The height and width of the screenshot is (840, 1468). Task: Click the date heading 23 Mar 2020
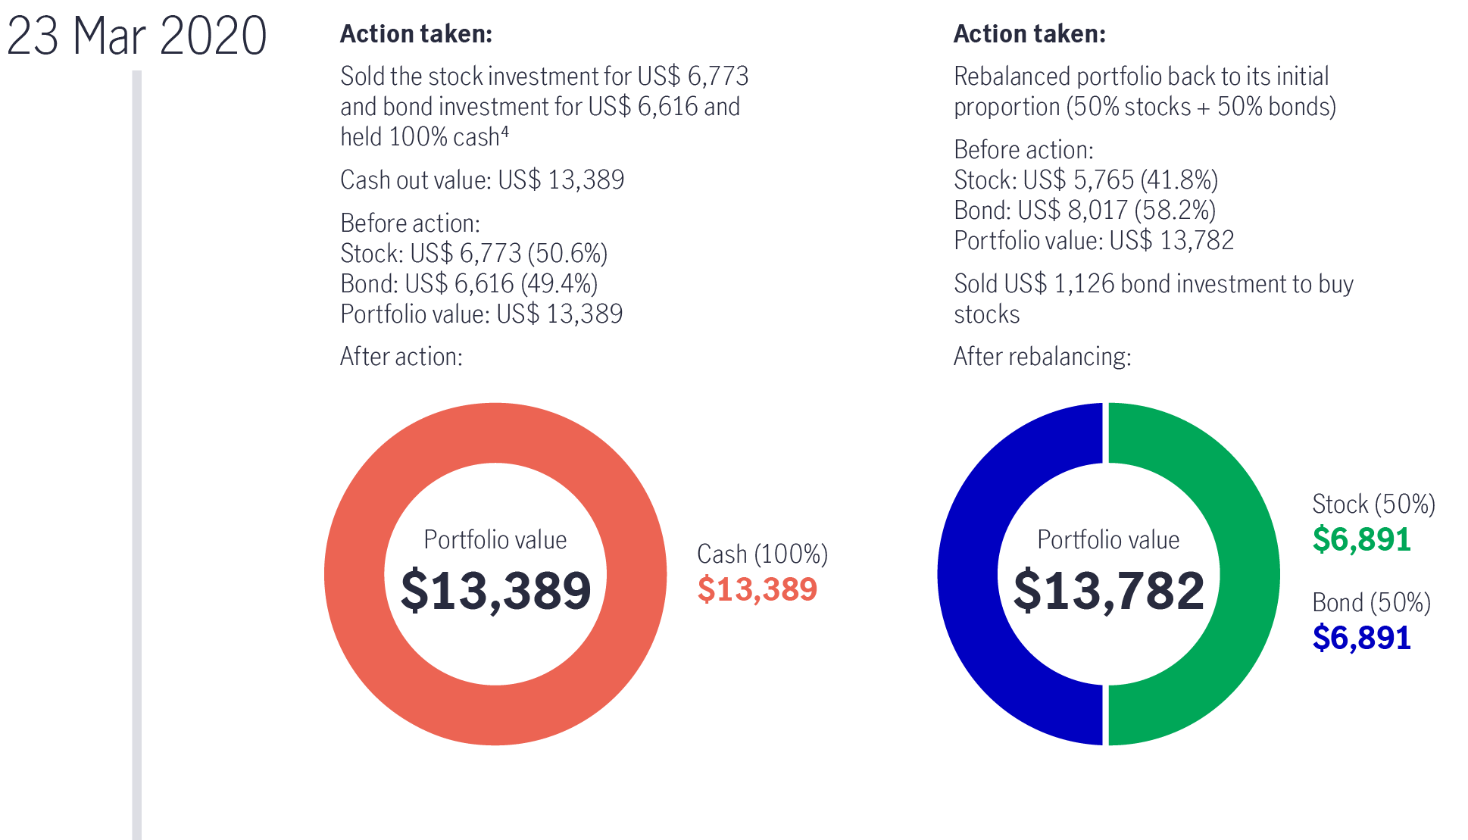pos(136,36)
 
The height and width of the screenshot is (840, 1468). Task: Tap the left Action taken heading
pos(416,34)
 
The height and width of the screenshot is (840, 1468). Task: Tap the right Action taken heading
pos(1029,34)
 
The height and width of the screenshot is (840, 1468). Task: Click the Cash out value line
pos(482,180)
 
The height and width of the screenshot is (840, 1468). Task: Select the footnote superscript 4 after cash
pos(505,133)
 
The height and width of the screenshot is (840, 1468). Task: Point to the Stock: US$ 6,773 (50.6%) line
pos(473,253)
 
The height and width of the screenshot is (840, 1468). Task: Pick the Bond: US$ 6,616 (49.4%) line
pos(468,284)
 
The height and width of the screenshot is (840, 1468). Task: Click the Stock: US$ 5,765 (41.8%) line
pos(1085,180)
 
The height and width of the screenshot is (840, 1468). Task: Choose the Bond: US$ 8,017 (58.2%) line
pos(1084,211)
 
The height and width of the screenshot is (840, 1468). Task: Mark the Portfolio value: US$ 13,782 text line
pos(1093,241)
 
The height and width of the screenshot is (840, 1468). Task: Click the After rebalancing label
pos(1042,357)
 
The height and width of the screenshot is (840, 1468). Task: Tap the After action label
pos(401,357)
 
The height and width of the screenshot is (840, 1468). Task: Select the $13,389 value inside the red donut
pos(495,591)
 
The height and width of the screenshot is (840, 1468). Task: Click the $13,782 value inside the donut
pos(1108,591)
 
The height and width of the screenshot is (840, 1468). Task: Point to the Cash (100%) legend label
pos(761,554)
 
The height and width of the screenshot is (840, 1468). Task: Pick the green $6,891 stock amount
pos(1361,540)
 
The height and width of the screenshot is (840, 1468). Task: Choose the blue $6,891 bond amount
pos(1361,639)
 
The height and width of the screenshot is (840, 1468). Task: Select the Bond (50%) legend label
pos(1371,603)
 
